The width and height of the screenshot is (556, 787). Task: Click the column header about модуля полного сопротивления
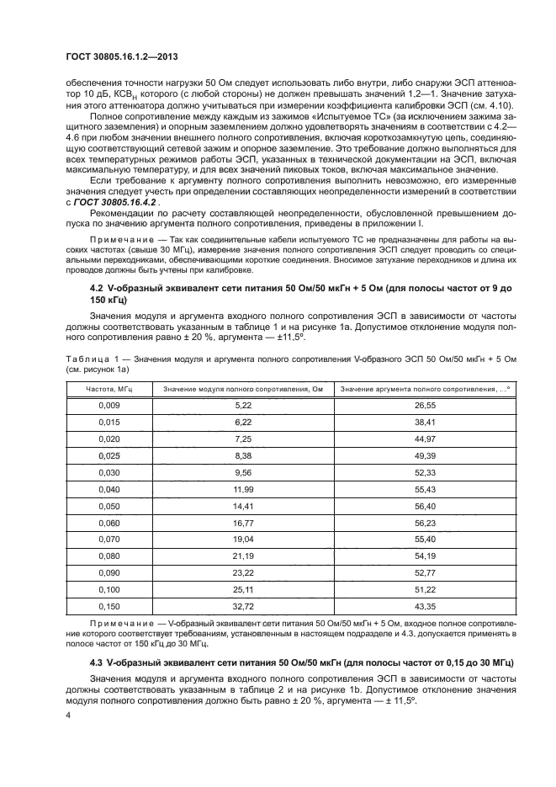tap(243, 388)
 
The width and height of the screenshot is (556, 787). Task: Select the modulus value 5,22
tap(243, 405)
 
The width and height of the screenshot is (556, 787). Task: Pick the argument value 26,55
tap(423, 405)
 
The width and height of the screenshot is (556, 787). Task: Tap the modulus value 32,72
tap(243, 606)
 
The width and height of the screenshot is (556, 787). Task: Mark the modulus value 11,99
tap(243, 488)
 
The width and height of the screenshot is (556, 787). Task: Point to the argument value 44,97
tap(423, 439)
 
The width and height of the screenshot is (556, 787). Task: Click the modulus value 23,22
tap(243, 572)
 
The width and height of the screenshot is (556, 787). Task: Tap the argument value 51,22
tap(423, 589)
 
